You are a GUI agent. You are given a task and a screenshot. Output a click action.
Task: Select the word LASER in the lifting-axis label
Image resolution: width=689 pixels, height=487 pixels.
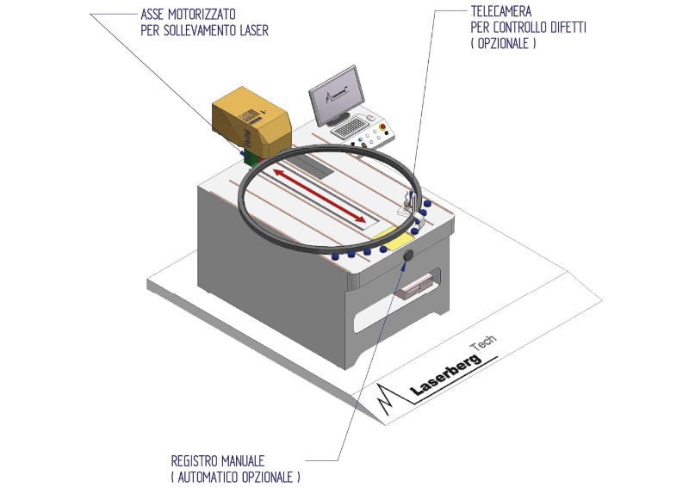coord(254,30)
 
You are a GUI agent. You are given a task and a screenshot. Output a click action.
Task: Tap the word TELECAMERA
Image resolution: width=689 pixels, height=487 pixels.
coord(501,11)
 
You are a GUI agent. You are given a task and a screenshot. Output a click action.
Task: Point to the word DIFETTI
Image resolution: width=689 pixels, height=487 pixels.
coord(568,28)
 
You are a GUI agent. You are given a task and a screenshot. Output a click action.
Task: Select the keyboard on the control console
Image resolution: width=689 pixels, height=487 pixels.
coord(350,126)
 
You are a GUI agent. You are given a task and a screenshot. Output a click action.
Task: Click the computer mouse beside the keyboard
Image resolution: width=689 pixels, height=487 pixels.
coord(369,118)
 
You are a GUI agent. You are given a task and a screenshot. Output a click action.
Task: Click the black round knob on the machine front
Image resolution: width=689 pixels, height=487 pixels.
coord(408,256)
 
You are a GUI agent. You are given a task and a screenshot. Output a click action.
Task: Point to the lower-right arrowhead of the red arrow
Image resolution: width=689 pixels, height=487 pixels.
coord(359,219)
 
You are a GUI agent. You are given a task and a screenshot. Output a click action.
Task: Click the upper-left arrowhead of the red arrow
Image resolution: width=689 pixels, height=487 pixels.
coord(279,172)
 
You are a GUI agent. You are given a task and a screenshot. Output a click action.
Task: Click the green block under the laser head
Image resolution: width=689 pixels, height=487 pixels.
coord(251,158)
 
